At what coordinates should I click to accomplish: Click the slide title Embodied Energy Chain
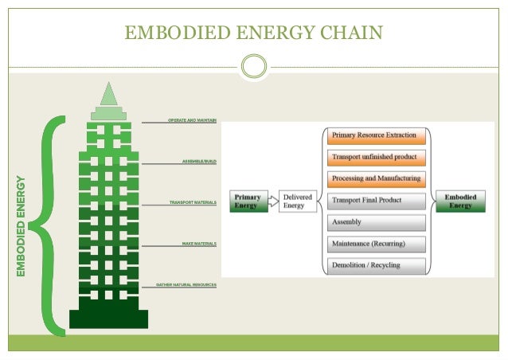pos(254,32)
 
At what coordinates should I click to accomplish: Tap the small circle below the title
pos(254,66)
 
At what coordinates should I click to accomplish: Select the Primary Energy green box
pos(248,201)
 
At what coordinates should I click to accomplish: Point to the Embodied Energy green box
pos(459,201)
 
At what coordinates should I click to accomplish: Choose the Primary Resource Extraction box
pos(376,136)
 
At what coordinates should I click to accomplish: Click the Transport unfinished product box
pos(376,158)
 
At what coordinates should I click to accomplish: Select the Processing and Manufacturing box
pos(376,179)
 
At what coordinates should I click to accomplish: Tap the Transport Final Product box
pos(376,201)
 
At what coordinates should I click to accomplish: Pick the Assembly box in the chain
pos(376,222)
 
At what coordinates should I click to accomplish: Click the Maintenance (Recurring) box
pos(376,244)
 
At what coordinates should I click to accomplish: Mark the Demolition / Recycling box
pos(376,265)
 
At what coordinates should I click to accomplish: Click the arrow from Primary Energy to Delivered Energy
pos(272,201)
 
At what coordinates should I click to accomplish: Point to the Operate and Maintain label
pos(192,119)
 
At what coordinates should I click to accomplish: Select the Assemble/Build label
pos(199,161)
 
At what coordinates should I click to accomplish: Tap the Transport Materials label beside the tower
pos(193,202)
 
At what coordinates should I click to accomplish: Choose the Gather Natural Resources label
pos(186,284)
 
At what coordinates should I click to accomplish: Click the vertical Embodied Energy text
pos(21,226)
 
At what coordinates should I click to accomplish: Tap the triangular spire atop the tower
pos(108,94)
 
